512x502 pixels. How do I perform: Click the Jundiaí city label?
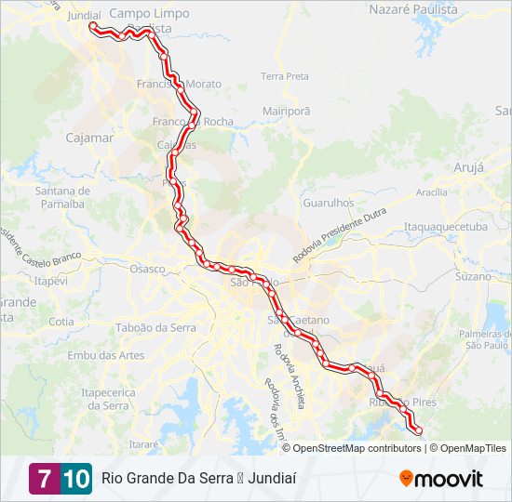pyautogui.click(x=84, y=16)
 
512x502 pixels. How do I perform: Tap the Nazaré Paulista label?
pyautogui.click(x=413, y=9)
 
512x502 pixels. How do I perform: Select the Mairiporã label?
pyautogui.click(x=286, y=110)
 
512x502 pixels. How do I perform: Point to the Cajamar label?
pyautogui.click(x=89, y=138)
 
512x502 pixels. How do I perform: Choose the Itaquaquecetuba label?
pyautogui.click(x=445, y=226)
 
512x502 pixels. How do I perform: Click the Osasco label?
pyautogui.click(x=147, y=269)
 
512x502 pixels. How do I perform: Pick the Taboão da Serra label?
pyautogui.click(x=157, y=327)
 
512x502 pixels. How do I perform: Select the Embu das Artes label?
pyautogui.click(x=106, y=355)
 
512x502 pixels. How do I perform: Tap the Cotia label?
pyautogui.click(x=61, y=322)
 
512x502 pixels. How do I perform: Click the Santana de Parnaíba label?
pyautogui.click(x=61, y=197)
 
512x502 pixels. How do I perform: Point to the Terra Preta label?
pyautogui.click(x=284, y=76)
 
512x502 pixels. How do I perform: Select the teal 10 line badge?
pyautogui.click(x=76, y=479)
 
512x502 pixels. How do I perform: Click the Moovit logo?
pyautogui.click(x=441, y=479)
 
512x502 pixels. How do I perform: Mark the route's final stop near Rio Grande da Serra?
pyautogui.click(x=417, y=430)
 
